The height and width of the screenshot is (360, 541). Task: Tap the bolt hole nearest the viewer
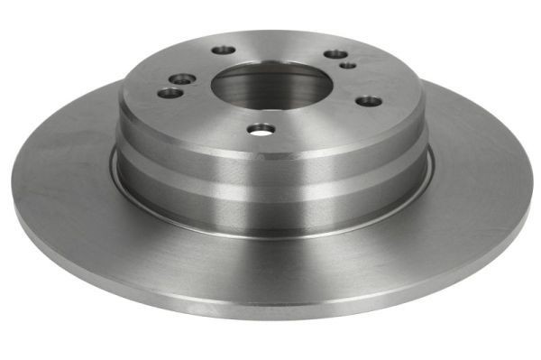point(260,129)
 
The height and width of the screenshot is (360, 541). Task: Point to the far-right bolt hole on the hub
point(367,100)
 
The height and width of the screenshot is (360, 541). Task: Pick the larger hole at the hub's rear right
point(334,54)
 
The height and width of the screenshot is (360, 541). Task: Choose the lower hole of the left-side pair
point(168,92)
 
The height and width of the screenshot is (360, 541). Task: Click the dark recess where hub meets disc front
point(270,231)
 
